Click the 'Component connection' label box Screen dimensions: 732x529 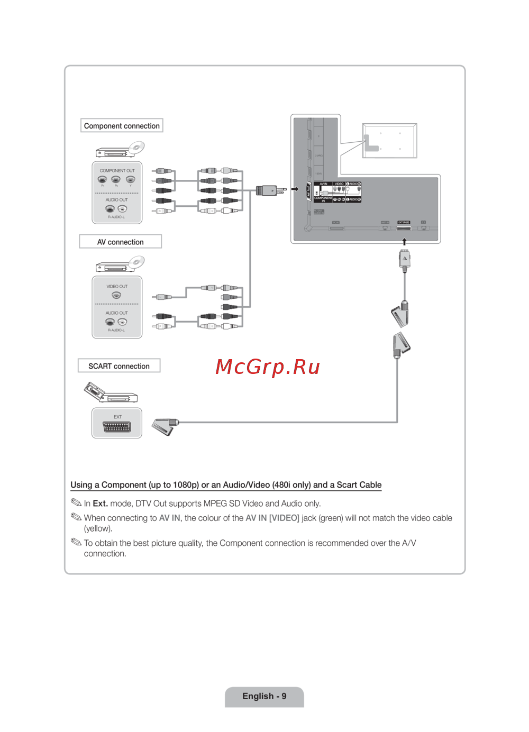(x=122, y=126)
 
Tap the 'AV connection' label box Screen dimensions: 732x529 (x=120, y=242)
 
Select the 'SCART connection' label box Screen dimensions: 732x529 (x=119, y=366)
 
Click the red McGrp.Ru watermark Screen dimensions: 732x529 (x=268, y=367)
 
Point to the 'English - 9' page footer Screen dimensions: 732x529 (x=264, y=696)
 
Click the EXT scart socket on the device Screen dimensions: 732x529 (x=117, y=427)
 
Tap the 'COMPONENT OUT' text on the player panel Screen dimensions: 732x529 (x=117, y=171)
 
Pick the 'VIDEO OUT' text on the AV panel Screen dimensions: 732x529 (x=117, y=287)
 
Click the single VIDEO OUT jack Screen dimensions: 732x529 (x=116, y=295)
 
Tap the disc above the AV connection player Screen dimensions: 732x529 (x=136, y=262)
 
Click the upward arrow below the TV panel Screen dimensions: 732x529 (x=404, y=242)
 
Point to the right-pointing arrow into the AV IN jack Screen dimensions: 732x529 (x=295, y=189)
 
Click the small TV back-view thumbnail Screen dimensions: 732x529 (x=389, y=141)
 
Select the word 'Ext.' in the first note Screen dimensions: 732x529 (x=100, y=504)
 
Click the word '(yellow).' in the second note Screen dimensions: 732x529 (x=98, y=528)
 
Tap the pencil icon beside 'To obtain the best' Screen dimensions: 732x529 (x=76, y=542)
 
